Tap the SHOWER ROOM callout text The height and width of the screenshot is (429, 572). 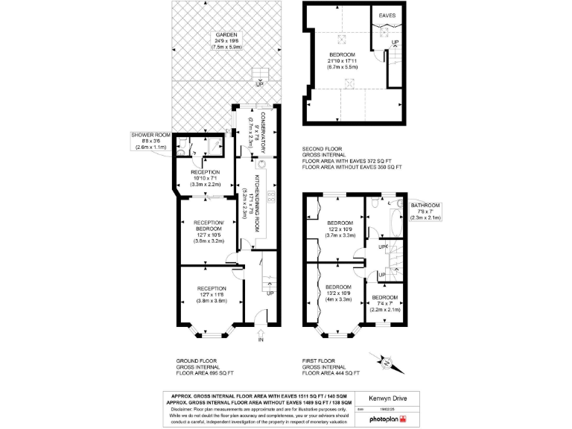point(148,135)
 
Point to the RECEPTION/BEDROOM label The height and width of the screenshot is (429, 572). point(209,226)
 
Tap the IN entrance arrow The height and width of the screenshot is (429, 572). point(261,340)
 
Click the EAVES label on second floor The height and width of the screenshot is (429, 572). point(387,16)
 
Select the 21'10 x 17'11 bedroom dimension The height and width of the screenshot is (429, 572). point(343,61)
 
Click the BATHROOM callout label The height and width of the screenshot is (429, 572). point(425,205)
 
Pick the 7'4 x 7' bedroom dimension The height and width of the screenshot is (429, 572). point(385,304)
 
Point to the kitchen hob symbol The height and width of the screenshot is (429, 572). point(270,196)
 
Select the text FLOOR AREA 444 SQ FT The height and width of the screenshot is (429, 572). point(331,372)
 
